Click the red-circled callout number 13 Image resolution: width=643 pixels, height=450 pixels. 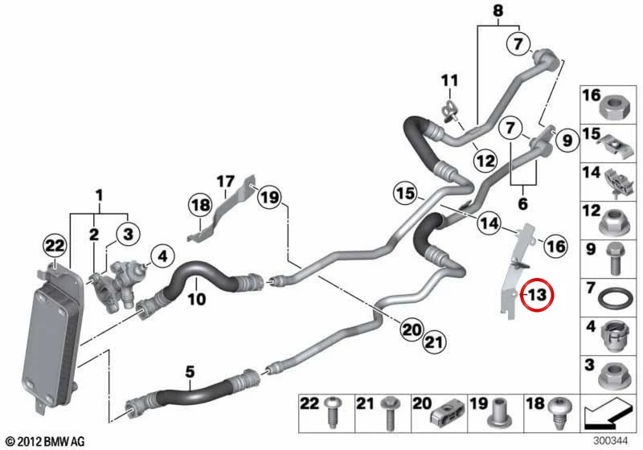click(x=537, y=294)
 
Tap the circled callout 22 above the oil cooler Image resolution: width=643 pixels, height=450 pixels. click(x=55, y=246)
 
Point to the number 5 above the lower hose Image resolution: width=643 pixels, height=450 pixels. click(x=190, y=372)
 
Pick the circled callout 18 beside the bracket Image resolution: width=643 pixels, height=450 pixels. click(x=200, y=205)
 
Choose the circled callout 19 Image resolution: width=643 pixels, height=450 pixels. click(x=270, y=198)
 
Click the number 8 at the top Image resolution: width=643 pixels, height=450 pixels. click(x=498, y=10)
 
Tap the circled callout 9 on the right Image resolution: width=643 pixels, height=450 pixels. click(x=567, y=141)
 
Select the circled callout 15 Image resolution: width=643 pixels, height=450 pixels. click(x=406, y=193)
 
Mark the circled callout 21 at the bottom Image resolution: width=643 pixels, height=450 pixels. click(x=434, y=342)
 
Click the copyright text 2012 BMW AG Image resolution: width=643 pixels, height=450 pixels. click(x=46, y=442)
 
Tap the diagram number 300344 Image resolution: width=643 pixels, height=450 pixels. click(x=611, y=441)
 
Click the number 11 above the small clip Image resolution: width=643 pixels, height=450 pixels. click(x=449, y=80)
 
